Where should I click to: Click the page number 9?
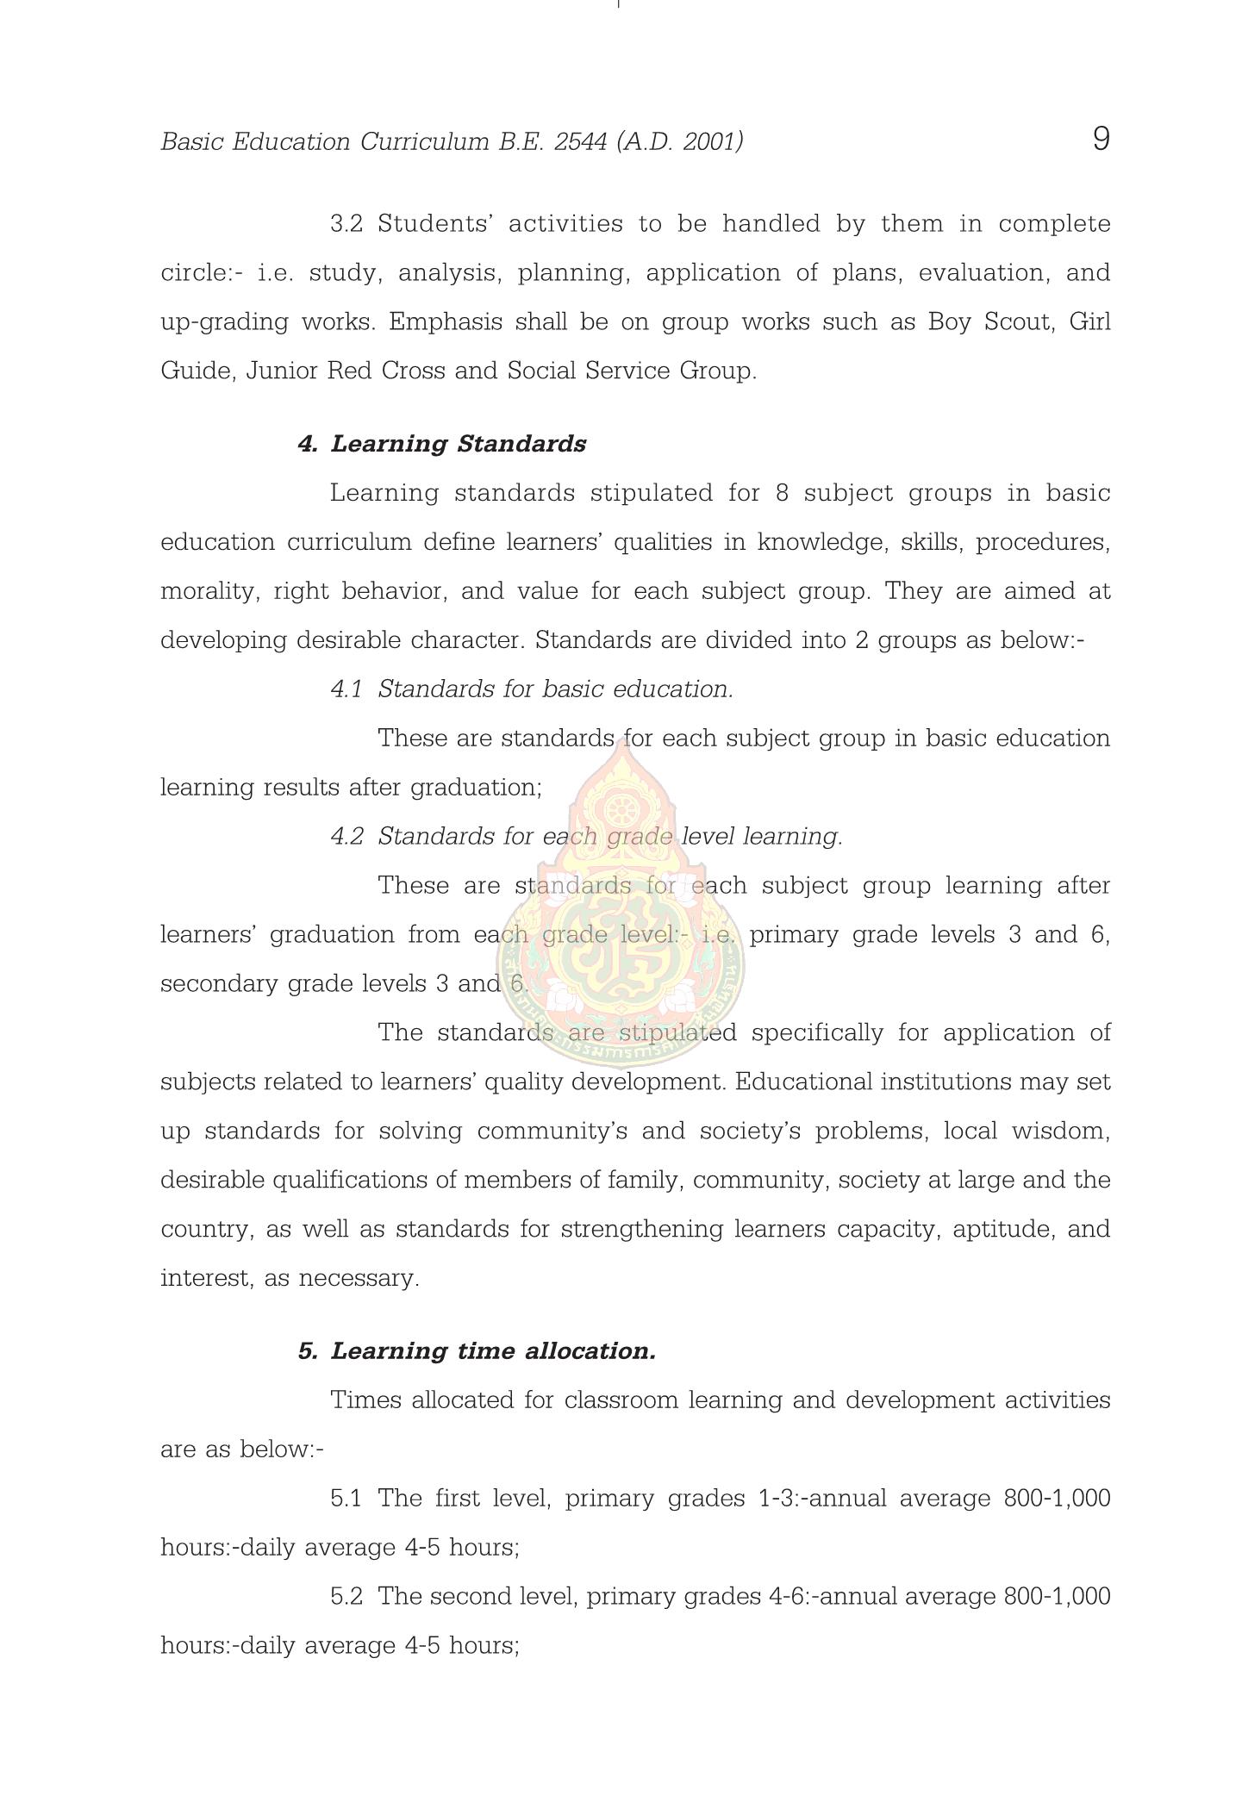[1101, 139]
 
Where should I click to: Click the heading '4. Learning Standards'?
[441, 444]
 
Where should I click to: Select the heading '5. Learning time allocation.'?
[477, 1350]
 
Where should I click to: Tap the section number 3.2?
[346, 224]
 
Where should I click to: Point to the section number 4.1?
[346, 689]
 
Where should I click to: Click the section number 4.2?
[346, 837]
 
